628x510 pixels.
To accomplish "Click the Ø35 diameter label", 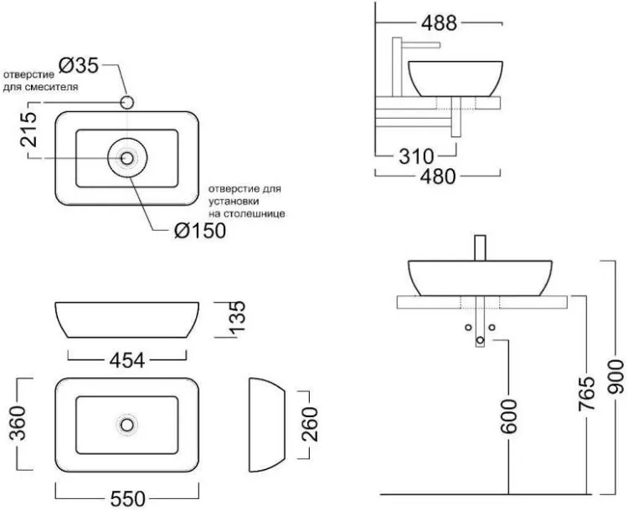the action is click(79, 65).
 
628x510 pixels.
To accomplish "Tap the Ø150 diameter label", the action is click(200, 231).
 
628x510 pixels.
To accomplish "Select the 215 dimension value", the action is click(28, 130).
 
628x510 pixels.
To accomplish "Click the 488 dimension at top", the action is click(439, 23).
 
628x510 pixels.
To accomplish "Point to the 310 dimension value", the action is click(416, 156).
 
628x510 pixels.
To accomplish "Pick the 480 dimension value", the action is click(438, 176).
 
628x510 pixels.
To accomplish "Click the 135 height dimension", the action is click(236, 316).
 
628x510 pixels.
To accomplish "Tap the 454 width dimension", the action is click(127, 360).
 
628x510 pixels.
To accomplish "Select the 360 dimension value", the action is click(18, 423).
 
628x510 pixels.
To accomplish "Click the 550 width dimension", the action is click(128, 499).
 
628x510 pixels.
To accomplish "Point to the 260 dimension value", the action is click(310, 424).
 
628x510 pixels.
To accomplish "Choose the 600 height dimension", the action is click(509, 416).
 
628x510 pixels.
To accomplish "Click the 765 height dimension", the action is click(587, 394).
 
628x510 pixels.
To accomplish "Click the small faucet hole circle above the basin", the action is click(127, 102).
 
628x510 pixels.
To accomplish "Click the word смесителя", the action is click(51, 87).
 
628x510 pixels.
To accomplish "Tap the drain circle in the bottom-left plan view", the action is click(127, 425).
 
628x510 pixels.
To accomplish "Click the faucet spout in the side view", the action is click(421, 44).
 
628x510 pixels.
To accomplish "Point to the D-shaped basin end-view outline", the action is click(285, 425).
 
